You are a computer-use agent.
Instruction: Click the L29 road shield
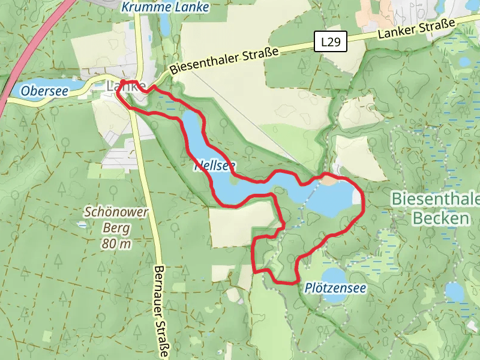point(331,42)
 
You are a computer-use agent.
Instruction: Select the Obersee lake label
point(44,91)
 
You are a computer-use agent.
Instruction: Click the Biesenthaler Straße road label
point(224,61)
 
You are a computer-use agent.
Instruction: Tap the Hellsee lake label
point(214,166)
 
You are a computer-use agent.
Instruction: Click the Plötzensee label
point(335,288)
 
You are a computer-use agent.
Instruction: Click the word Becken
point(440,218)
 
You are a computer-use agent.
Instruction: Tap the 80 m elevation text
point(116,244)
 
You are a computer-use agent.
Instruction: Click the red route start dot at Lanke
point(123,82)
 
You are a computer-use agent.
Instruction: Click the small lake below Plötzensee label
point(455,292)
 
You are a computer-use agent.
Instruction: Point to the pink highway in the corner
point(24,60)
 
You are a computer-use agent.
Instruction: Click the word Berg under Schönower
point(116,228)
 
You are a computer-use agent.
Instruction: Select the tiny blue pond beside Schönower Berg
point(81,224)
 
